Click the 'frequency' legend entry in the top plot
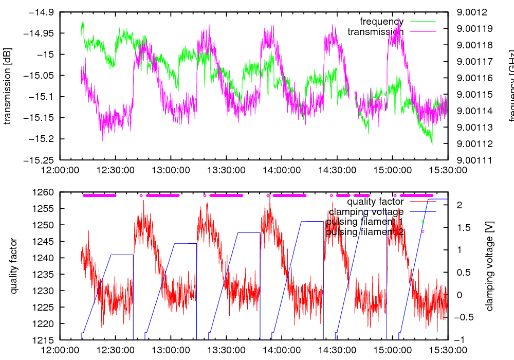click(x=381, y=22)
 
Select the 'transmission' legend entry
click(x=375, y=32)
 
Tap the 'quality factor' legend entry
click(x=375, y=202)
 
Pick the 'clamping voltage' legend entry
click(x=366, y=212)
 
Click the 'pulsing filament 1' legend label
click(x=364, y=222)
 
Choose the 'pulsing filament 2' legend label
click(x=364, y=232)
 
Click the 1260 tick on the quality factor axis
click(x=44, y=192)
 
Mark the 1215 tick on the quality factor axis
click(x=44, y=340)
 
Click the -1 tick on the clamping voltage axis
click(x=460, y=340)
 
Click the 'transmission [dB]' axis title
click(x=8, y=86)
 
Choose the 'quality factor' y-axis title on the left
click(x=14, y=266)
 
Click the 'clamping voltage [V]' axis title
click(x=489, y=266)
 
